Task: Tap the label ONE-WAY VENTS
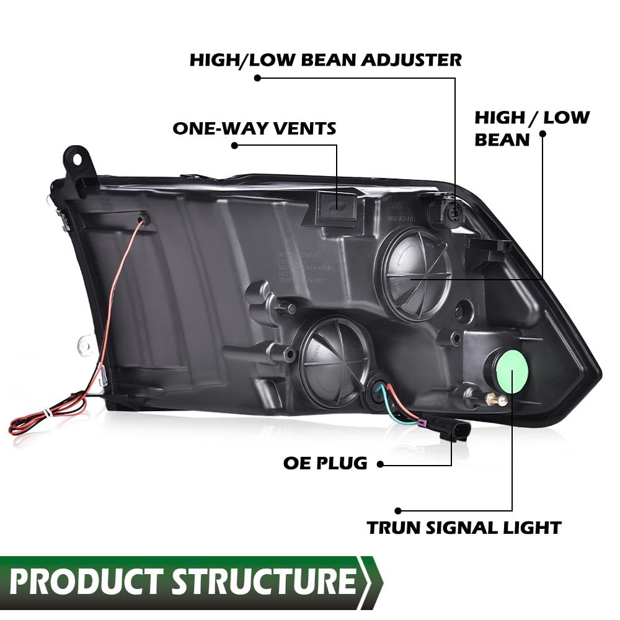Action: pos(254,128)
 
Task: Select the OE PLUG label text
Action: pos(325,463)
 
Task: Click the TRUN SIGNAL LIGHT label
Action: pos(464,528)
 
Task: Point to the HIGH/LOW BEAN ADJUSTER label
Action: pos(325,60)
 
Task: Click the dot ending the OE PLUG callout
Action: pos(379,464)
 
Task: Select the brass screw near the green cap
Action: pos(497,401)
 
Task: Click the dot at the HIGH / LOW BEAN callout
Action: pos(542,133)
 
